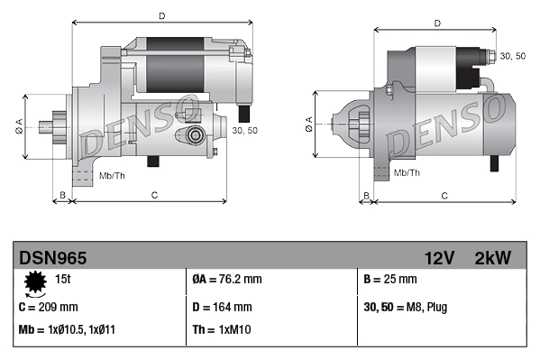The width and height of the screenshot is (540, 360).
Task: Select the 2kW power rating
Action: click(492, 258)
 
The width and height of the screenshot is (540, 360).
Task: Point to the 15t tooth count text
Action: click(63, 280)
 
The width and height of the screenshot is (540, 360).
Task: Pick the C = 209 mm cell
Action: click(49, 307)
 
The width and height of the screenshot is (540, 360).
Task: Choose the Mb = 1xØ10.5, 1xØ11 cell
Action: click(68, 329)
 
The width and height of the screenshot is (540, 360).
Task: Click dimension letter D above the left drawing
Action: click(161, 16)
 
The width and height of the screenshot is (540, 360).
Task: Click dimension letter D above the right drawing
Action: click(436, 24)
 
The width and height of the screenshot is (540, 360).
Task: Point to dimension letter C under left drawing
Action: click(154, 195)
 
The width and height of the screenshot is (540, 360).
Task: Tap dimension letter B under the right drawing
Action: click(366, 195)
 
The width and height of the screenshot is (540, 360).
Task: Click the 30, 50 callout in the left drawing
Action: click(243, 131)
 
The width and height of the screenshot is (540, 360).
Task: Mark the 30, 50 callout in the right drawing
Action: click(512, 56)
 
